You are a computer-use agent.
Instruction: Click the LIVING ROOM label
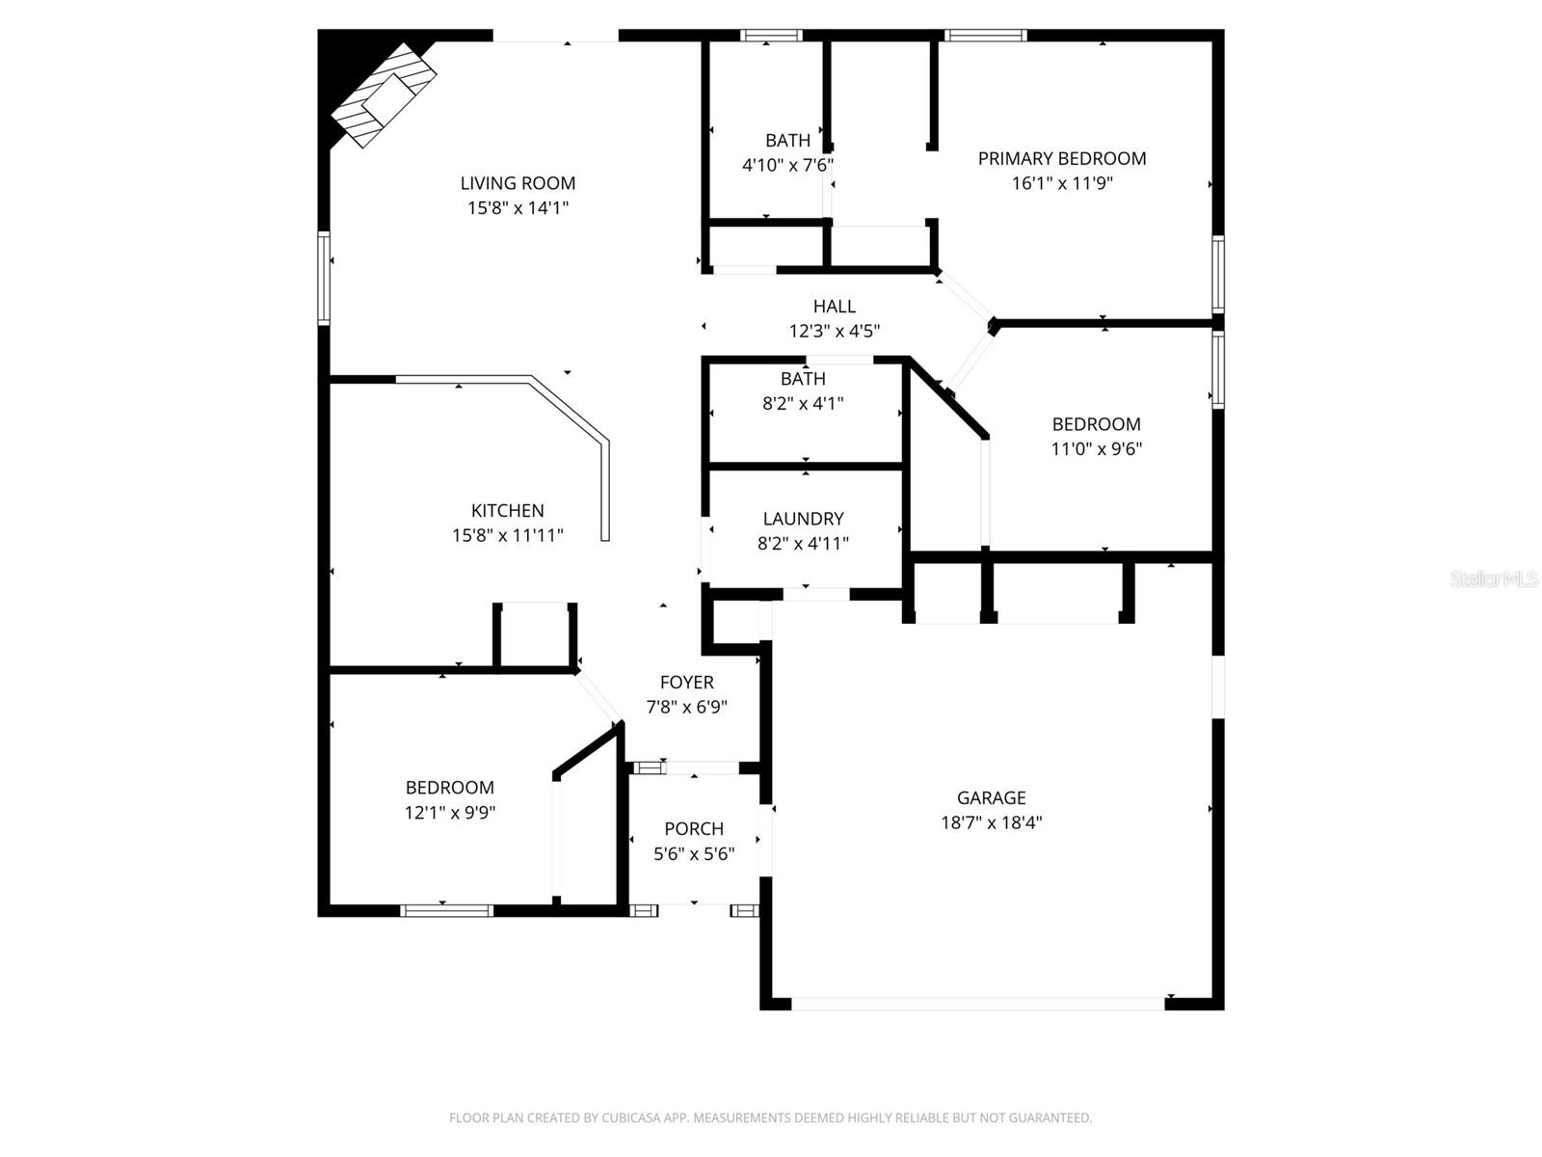click(x=518, y=183)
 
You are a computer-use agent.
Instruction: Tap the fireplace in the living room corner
click(x=384, y=95)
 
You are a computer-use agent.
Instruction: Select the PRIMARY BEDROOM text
click(x=1061, y=159)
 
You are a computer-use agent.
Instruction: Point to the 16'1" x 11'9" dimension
click(x=1061, y=183)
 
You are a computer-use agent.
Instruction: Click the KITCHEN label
click(x=507, y=511)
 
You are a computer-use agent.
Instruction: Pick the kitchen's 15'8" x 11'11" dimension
click(x=507, y=535)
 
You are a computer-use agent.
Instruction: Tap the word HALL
click(x=834, y=307)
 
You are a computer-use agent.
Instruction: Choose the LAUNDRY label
click(x=803, y=519)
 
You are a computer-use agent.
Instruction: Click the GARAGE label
click(x=992, y=797)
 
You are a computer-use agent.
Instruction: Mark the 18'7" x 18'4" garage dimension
click(x=992, y=821)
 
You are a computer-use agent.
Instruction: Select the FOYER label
click(x=686, y=682)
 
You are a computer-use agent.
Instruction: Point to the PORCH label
click(x=693, y=829)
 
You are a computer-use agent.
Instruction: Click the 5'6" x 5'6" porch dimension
click(x=693, y=853)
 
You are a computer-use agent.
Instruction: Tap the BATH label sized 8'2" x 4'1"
click(x=803, y=379)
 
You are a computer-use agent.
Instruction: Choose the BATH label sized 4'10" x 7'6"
click(x=787, y=141)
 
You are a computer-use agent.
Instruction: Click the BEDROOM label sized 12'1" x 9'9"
click(x=450, y=788)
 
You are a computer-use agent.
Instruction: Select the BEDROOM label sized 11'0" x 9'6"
click(x=1096, y=424)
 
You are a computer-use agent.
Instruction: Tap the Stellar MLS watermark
click(x=1494, y=578)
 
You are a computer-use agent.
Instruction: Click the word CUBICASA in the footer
click(x=630, y=1117)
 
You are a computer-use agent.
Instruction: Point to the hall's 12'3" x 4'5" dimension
click(x=834, y=331)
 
